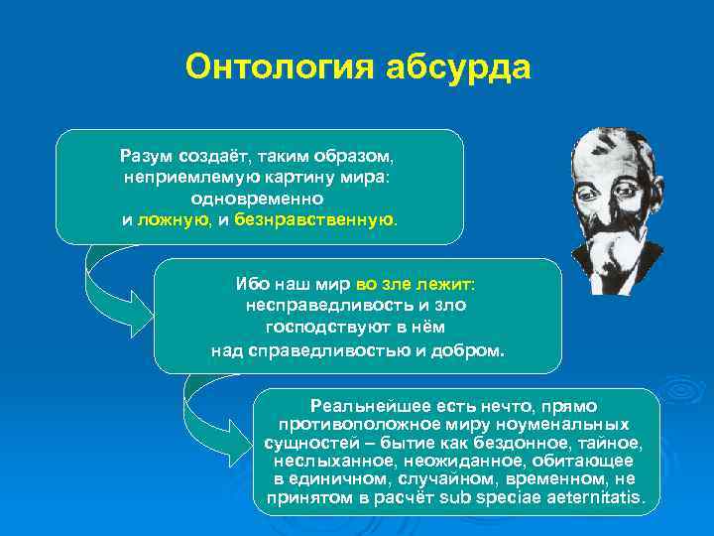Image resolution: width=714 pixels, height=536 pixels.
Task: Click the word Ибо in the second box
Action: point(249,285)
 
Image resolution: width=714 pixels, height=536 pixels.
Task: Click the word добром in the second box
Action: point(474,349)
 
